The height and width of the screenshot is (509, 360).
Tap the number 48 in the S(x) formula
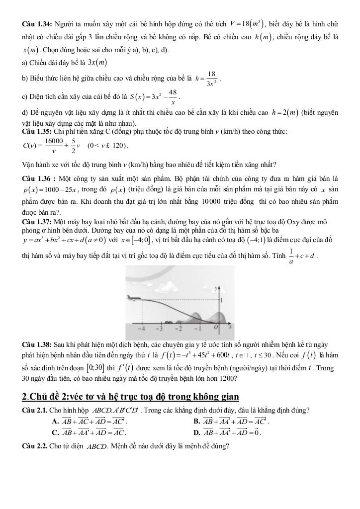[173, 92]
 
